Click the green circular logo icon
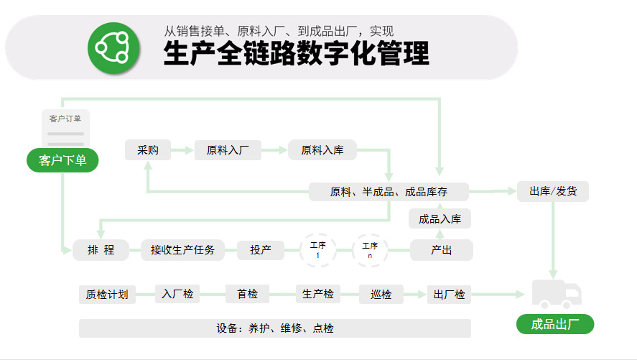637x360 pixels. [113, 48]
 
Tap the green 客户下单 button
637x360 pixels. [62, 160]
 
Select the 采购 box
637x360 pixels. [148, 150]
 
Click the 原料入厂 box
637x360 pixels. [228, 150]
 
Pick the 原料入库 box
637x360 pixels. [322, 150]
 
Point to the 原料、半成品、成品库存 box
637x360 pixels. [389, 191]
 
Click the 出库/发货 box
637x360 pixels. [553, 191]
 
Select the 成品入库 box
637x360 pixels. [440, 219]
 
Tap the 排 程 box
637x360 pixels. [101, 250]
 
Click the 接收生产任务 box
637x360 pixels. [182, 250]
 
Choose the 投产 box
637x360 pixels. [261, 250]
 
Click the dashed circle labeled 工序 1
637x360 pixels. [317, 250]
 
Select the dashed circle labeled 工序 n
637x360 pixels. [370, 250]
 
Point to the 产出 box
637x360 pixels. [442, 250]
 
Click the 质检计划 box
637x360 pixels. [107, 294]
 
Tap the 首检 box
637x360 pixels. [248, 294]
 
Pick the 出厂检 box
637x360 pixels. [449, 294]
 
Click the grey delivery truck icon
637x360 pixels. [557, 294]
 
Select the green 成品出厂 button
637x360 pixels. [555, 324]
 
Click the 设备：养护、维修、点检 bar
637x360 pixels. [275, 328]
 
